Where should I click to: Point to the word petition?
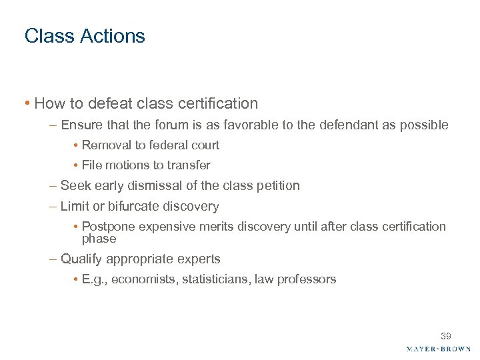[x=277, y=185]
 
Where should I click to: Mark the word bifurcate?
[x=130, y=207]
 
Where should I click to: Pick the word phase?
[x=99, y=239]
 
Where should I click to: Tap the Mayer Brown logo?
[x=438, y=349]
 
